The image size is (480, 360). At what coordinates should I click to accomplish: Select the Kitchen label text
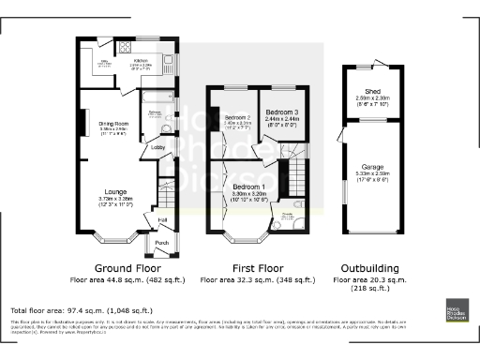tap(141, 60)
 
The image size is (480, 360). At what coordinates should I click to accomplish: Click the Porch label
tap(161, 241)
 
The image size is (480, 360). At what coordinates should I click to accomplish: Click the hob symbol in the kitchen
tap(126, 47)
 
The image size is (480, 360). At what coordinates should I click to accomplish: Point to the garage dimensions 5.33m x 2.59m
tap(373, 175)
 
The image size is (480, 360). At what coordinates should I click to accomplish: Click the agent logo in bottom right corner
tap(457, 312)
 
